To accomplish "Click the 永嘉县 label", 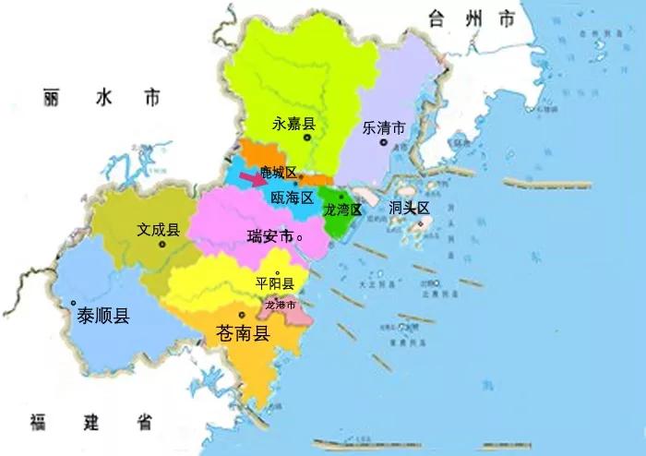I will [294, 122].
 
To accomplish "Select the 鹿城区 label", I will [278, 173].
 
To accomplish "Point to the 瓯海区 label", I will [293, 198].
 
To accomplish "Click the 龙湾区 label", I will [341, 210].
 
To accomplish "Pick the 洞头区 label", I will [409, 208].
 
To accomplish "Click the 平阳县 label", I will [274, 283].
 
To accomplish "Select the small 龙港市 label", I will [280, 305].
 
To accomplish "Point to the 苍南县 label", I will [241, 333].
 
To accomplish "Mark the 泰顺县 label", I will [103, 316].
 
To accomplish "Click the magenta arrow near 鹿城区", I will [250, 178].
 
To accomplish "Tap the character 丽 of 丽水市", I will [52, 97].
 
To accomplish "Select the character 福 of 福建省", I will [38, 423].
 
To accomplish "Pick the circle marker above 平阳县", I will [277, 271].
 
